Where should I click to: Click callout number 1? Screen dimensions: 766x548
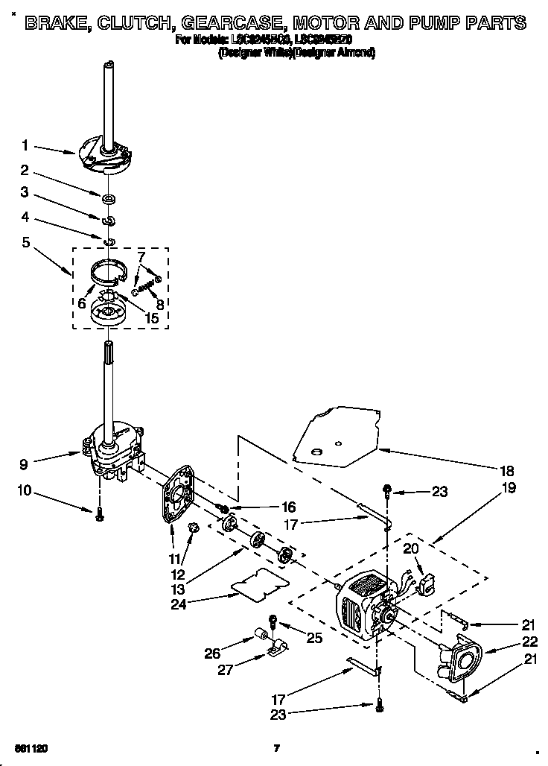click(x=25, y=145)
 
